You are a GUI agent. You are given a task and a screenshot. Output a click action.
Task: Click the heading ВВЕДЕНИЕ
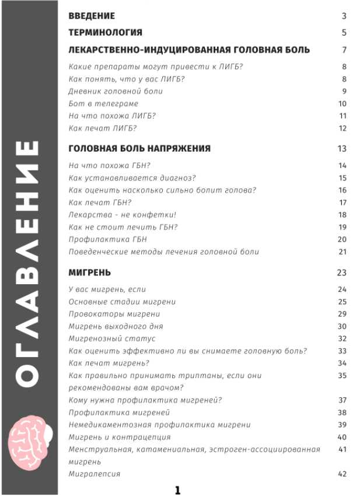92,16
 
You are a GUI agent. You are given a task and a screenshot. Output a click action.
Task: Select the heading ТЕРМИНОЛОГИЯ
105,33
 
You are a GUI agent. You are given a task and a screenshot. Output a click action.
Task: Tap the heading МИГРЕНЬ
89,273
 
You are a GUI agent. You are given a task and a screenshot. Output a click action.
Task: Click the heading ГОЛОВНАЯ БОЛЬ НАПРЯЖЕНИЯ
139,149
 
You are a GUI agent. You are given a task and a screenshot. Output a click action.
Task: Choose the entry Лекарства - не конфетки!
114,215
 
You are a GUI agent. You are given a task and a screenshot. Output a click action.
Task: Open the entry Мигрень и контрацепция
120,437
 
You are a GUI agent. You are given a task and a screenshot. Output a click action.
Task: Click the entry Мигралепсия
94,474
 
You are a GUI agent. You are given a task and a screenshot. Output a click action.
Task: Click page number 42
342,474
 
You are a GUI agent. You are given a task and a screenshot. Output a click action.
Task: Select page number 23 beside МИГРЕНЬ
342,273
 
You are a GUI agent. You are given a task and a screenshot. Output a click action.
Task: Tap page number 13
342,149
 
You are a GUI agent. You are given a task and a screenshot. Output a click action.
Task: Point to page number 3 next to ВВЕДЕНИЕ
344,16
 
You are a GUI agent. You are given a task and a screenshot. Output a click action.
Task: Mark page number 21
342,252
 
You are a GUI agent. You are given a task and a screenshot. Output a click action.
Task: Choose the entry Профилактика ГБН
107,239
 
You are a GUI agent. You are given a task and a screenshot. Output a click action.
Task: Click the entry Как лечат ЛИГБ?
102,128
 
